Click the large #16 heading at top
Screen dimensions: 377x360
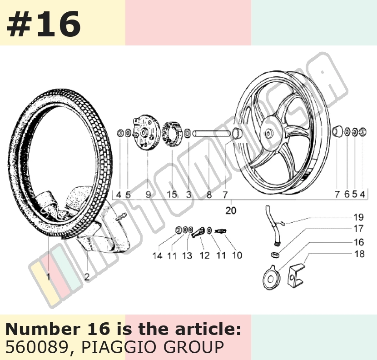[44, 24]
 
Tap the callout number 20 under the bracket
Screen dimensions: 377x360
[231, 210]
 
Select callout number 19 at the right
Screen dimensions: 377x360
[358, 217]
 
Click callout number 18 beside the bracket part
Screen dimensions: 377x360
[359, 254]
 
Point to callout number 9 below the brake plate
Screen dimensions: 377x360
[149, 195]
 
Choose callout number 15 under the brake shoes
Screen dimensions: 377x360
[172, 194]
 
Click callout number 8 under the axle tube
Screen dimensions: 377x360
[209, 195]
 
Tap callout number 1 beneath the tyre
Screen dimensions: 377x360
[49, 277]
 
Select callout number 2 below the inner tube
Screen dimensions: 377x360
[87, 277]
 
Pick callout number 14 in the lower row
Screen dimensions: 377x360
[157, 256]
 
